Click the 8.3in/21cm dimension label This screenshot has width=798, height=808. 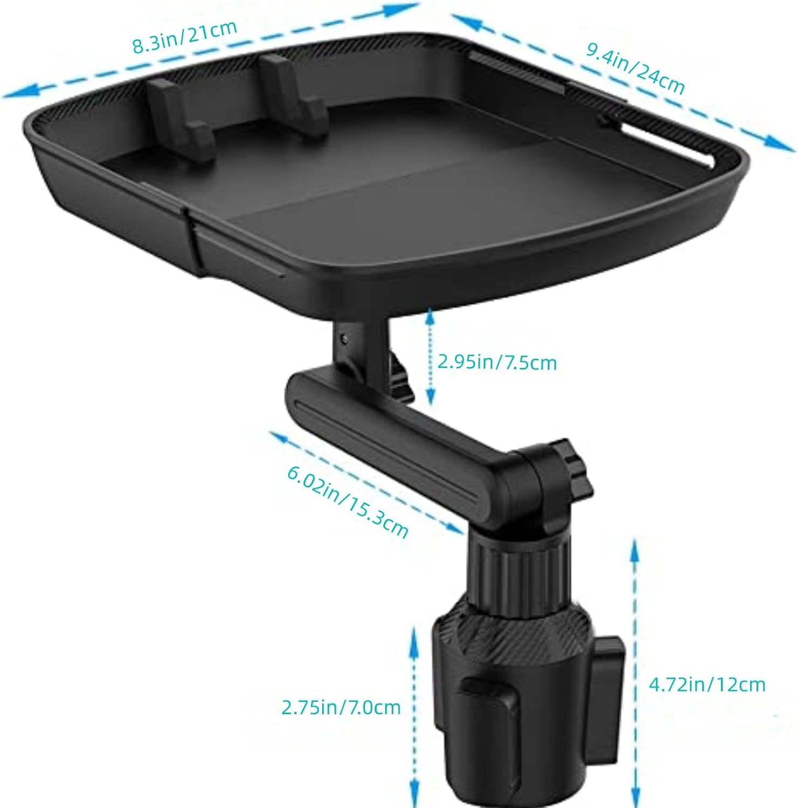[x=184, y=37]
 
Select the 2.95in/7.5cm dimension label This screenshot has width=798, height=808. [x=496, y=362]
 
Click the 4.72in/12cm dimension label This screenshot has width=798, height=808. [x=706, y=684]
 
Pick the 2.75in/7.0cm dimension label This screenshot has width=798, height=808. [x=341, y=707]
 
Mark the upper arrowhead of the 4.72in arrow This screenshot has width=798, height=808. [x=635, y=546]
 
